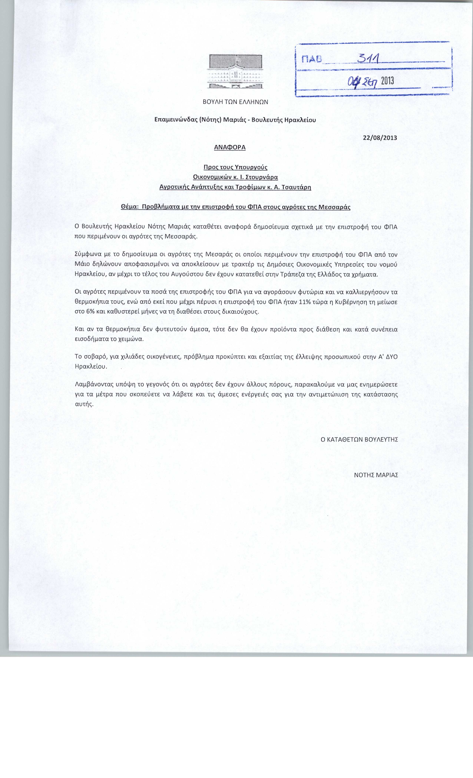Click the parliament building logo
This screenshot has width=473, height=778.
tap(235, 72)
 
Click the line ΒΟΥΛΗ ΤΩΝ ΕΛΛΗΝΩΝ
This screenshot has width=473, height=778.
tap(235, 102)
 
